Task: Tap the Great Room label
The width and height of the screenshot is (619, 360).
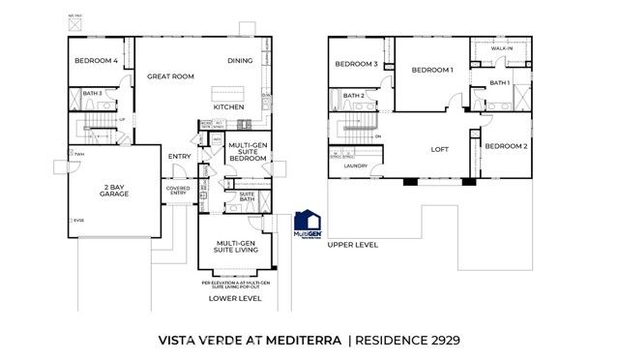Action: click(x=170, y=75)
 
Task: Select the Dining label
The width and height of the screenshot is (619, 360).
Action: click(x=240, y=61)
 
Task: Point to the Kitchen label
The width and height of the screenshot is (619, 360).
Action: click(x=228, y=106)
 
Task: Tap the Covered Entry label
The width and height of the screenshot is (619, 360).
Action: click(x=177, y=191)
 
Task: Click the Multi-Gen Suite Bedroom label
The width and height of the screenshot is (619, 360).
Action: click(x=248, y=152)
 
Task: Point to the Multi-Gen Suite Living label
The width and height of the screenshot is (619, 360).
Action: click(x=236, y=249)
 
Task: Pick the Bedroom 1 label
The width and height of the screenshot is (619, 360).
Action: click(x=431, y=70)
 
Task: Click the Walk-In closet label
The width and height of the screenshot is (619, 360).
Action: click(x=501, y=47)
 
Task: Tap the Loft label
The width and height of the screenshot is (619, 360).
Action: click(x=440, y=149)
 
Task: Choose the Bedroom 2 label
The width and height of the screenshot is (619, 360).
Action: click(x=506, y=146)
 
